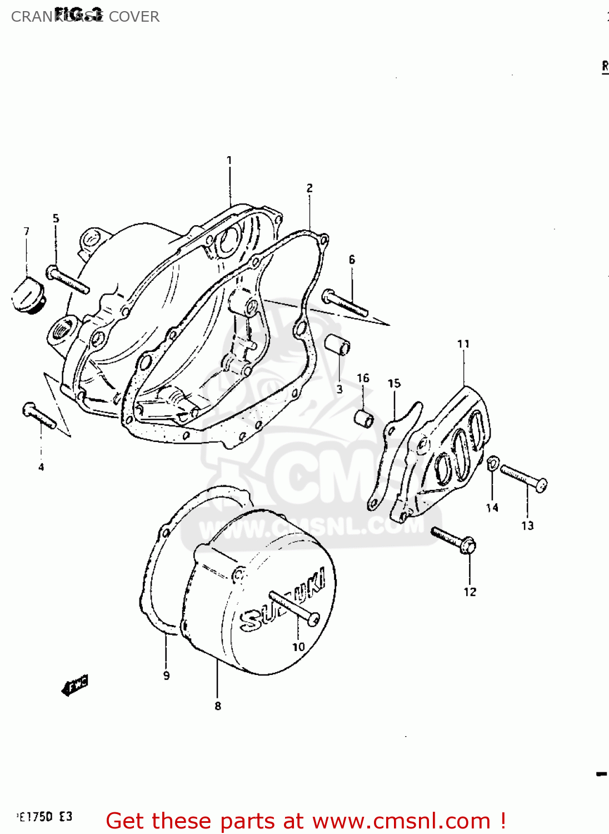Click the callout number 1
point(229,160)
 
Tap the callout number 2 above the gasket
point(310,188)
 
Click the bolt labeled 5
point(67,280)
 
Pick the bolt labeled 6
point(345,302)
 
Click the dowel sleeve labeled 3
point(338,345)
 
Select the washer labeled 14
point(492,463)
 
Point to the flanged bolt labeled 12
point(453,539)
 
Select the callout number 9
point(166,676)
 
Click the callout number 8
point(218,706)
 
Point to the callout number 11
point(463,344)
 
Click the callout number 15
point(394,383)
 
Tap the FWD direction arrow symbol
point(74,686)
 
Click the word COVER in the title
point(134,17)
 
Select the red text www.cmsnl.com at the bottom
point(401,821)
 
